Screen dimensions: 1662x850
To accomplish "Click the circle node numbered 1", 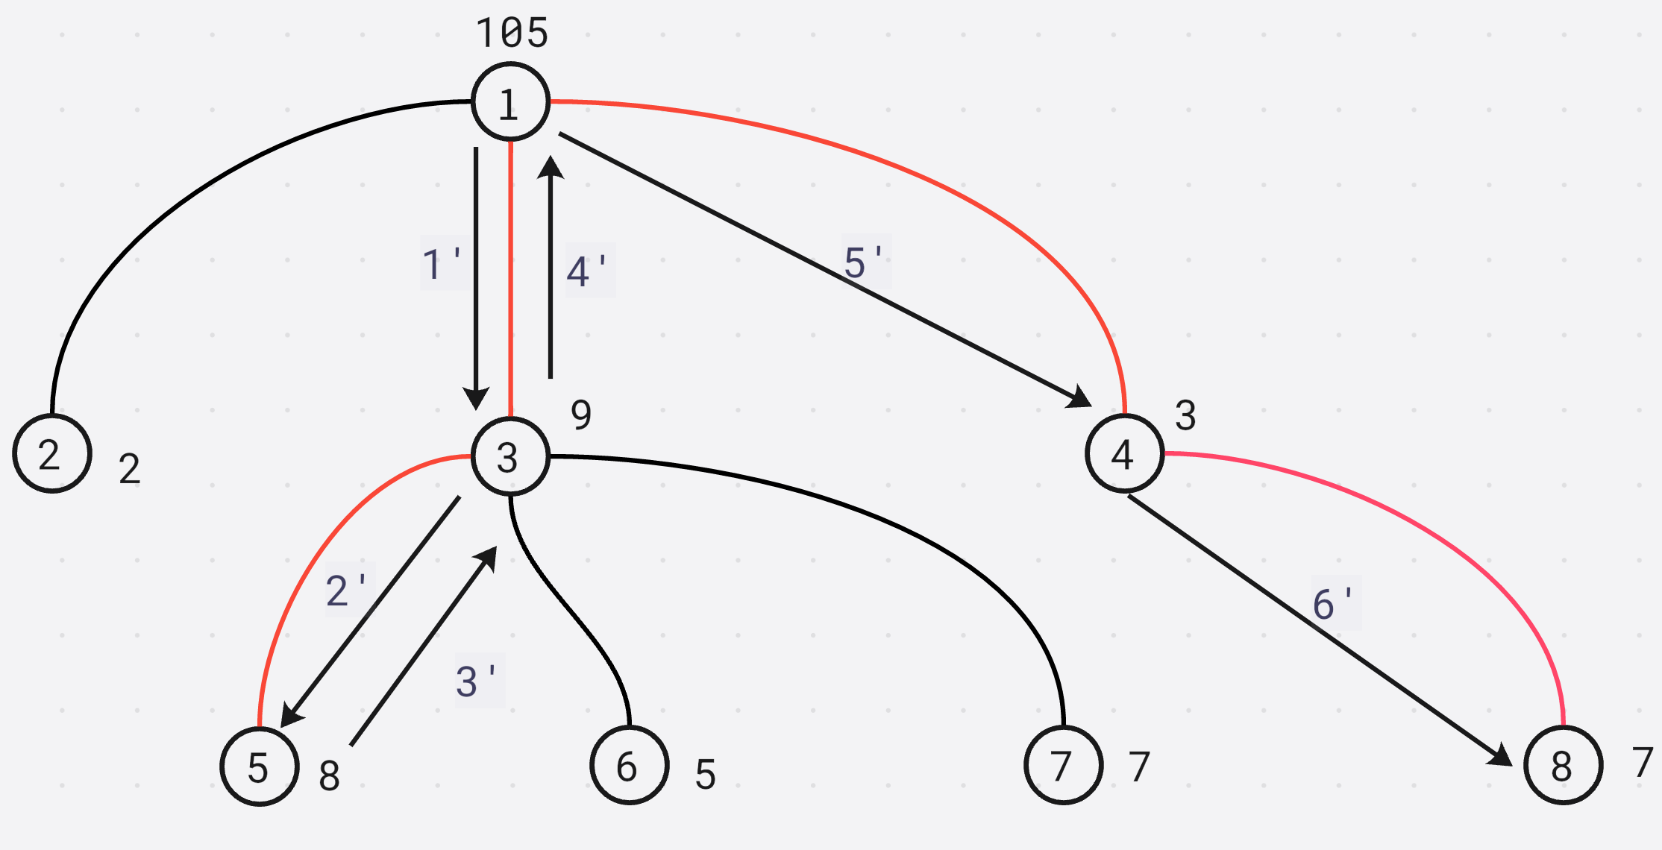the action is pos(510,102).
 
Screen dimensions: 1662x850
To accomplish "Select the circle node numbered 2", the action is pos(51,453).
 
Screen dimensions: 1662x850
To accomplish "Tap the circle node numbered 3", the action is pos(510,456).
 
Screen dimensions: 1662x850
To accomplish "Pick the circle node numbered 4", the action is pos(1124,453).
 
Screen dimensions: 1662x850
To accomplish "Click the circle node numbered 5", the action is pos(259,766).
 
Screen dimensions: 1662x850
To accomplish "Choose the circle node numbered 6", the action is pos(629,766).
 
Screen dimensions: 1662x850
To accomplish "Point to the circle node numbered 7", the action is pos(1063,765).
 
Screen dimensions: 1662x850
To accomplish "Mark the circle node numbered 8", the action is pos(1563,765).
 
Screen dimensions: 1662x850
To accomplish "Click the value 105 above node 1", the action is pos(512,34).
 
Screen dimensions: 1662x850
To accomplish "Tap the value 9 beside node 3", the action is pos(581,415).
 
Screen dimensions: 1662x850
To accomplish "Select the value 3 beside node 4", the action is pos(1185,415).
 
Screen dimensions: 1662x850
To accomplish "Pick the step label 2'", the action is pos(347,590).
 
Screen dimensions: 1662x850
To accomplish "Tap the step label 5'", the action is pos(865,262).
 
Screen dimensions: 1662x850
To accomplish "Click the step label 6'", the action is pos(1335,603).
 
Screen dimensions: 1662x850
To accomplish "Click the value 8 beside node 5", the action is pos(329,775).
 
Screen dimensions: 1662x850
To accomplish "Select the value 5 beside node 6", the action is pos(705,774).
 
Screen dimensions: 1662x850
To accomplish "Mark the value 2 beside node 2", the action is pos(129,469).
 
